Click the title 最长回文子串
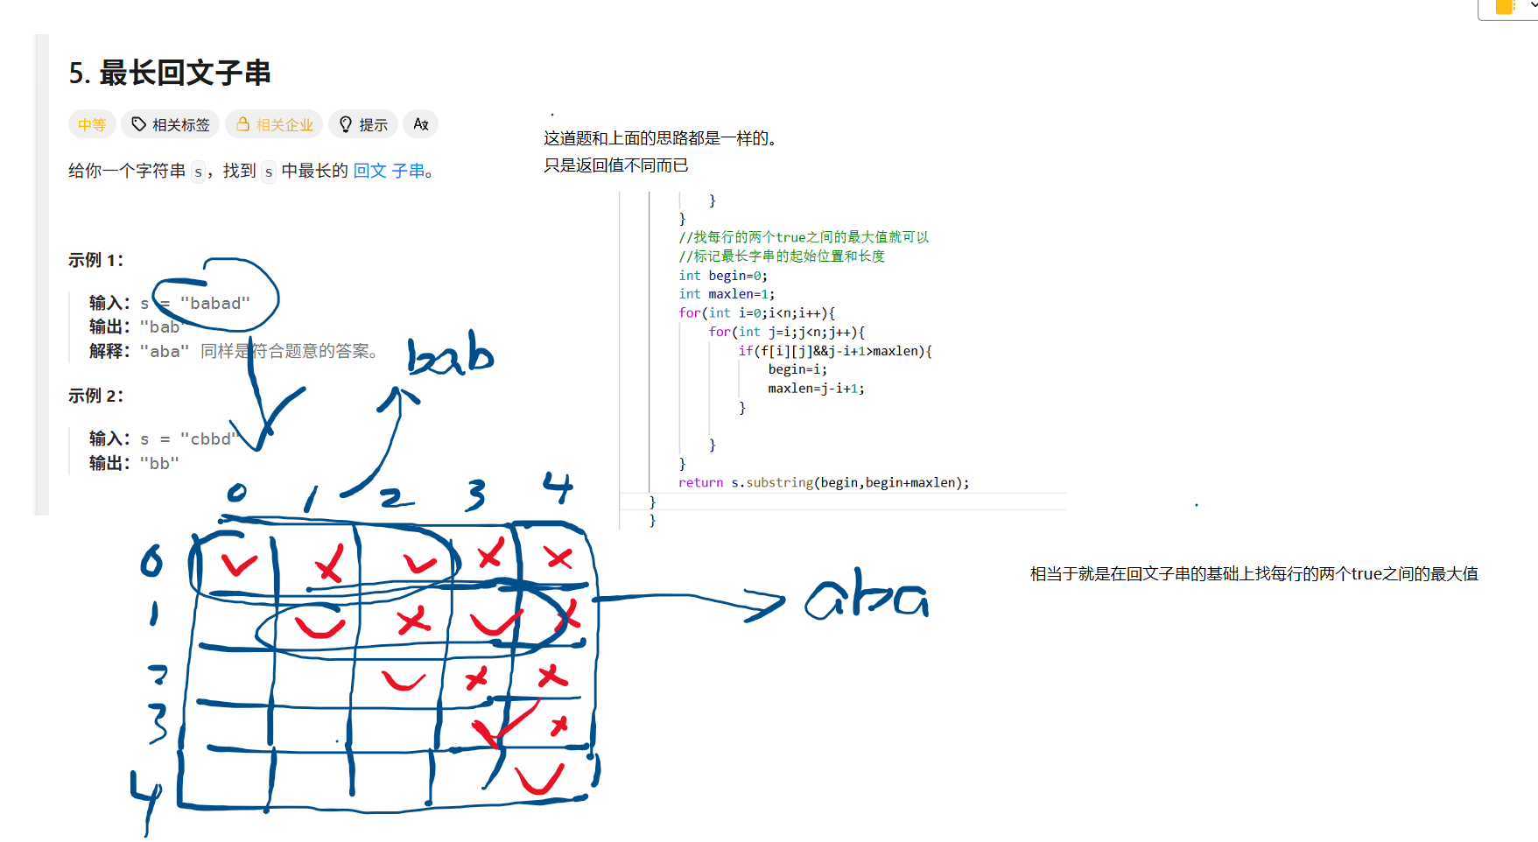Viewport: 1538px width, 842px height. coord(185,73)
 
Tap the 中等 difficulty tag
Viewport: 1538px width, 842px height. coord(92,124)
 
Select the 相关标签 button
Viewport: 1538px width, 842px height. coord(171,124)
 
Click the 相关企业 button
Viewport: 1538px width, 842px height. coord(274,124)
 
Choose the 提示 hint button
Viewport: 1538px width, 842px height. coord(363,124)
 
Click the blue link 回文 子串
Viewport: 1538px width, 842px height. coord(389,171)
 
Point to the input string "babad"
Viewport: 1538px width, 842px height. coord(215,304)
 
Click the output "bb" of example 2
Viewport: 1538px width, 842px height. coord(159,463)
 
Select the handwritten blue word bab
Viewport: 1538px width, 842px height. coord(450,354)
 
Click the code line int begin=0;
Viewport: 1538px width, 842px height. coord(722,276)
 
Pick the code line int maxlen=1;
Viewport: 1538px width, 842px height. coord(727,294)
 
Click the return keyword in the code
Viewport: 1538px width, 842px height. coord(700,482)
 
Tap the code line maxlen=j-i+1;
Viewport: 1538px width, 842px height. coord(816,389)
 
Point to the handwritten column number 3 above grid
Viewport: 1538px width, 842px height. coord(475,495)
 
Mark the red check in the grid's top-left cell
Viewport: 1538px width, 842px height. coord(238,565)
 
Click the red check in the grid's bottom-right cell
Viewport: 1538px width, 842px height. coord(539,778)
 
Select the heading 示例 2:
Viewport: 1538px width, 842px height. coord(96,396)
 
